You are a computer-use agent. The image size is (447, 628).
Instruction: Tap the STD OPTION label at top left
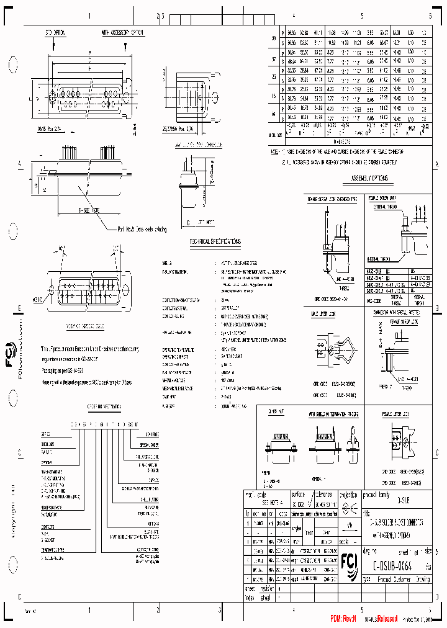point(55,31)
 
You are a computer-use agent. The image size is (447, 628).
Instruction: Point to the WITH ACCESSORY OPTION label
point(122,31)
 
